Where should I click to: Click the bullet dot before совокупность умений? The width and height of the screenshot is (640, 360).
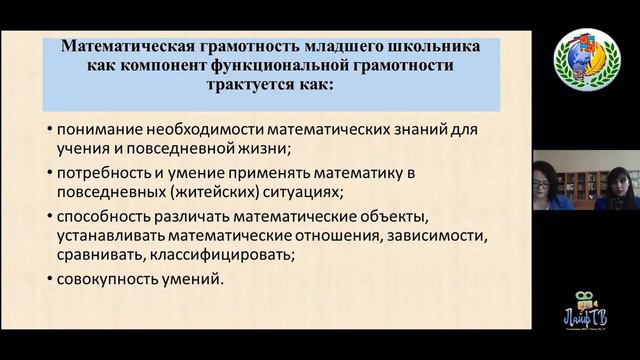pyautogui.click(x=50, y=279)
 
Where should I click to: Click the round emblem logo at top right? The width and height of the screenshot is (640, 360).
pyautogui.click(x=587, y=61)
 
